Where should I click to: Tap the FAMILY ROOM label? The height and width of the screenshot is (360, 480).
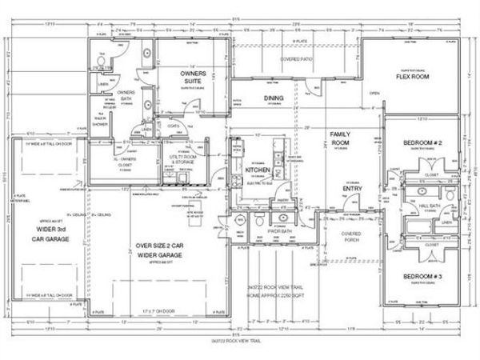(342, 138)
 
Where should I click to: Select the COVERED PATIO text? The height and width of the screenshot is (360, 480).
(295, 59)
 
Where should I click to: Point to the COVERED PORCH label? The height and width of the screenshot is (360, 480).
(351, 237)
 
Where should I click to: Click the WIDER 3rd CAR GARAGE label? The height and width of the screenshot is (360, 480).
(46, 233)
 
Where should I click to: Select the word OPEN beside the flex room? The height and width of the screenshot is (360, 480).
(374, 93)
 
